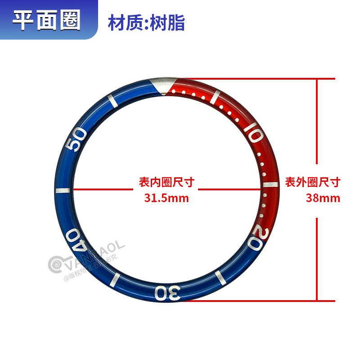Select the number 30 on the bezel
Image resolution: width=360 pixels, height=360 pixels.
click(x=167, y=292)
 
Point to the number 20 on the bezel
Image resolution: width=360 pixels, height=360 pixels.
click(x=256, y=236)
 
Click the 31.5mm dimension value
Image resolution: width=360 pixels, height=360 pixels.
click(x=166, y=198)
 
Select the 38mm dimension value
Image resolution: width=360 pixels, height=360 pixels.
click(x=323, y=198)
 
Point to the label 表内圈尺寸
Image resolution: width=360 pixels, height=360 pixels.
click(x=166, y=183)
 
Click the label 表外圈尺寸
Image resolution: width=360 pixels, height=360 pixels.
click(x=313, y=183)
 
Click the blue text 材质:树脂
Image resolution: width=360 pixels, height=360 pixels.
click(x=146, y=22)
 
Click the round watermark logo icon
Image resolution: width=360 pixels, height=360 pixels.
click(x=57, y=265)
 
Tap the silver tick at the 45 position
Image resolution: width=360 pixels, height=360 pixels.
click(x=63, y=190)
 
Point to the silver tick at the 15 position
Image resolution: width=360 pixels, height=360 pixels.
click(x=269, y=185)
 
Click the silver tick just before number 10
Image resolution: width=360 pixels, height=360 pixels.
click(x=218, y=96)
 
